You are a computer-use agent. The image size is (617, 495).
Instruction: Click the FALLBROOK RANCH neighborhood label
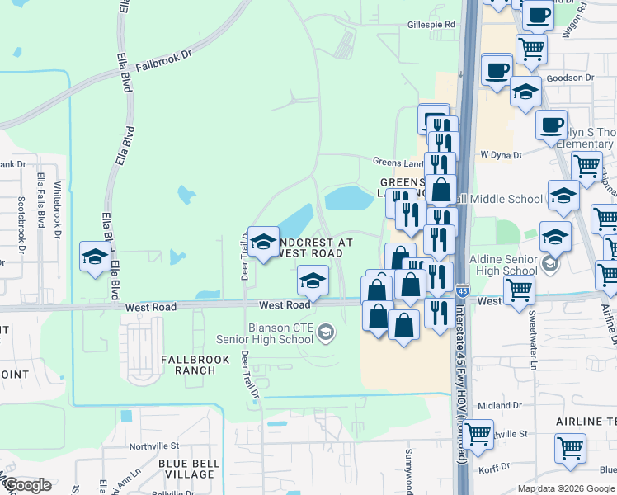click(x=188, y=365)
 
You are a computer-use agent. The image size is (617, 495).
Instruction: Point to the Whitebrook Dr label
click(x=58, y=210)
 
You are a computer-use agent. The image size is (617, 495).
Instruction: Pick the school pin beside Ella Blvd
click(x=95, y=255)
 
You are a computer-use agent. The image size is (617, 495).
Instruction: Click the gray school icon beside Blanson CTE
click(x=327, y=332)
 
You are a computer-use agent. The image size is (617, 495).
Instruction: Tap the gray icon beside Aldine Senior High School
click(x=551, y=265)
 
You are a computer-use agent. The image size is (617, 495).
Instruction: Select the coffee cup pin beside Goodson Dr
click(x=497, y=70)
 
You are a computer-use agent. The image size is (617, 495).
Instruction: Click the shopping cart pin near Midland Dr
click(x=477, y=432)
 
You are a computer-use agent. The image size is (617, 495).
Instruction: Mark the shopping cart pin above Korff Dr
click(x=570, y=448)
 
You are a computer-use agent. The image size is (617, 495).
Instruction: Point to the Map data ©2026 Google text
click(x=566, y=488)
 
